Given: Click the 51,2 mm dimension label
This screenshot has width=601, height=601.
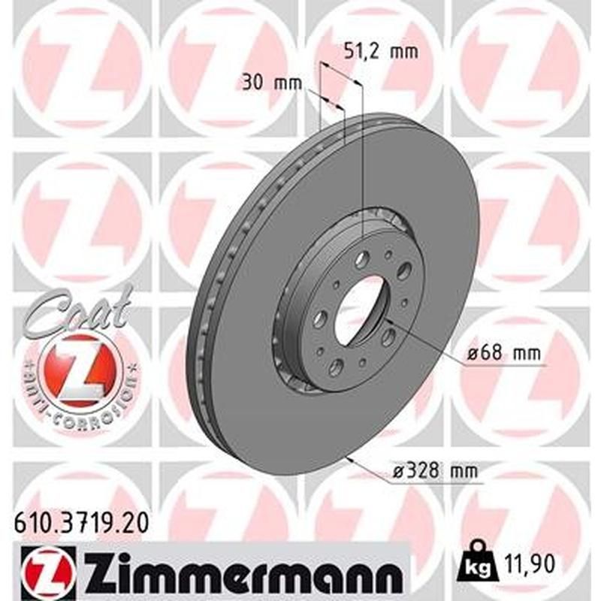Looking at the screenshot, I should tap(379, 52).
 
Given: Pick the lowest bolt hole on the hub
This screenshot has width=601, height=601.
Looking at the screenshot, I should tap(336, 367).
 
